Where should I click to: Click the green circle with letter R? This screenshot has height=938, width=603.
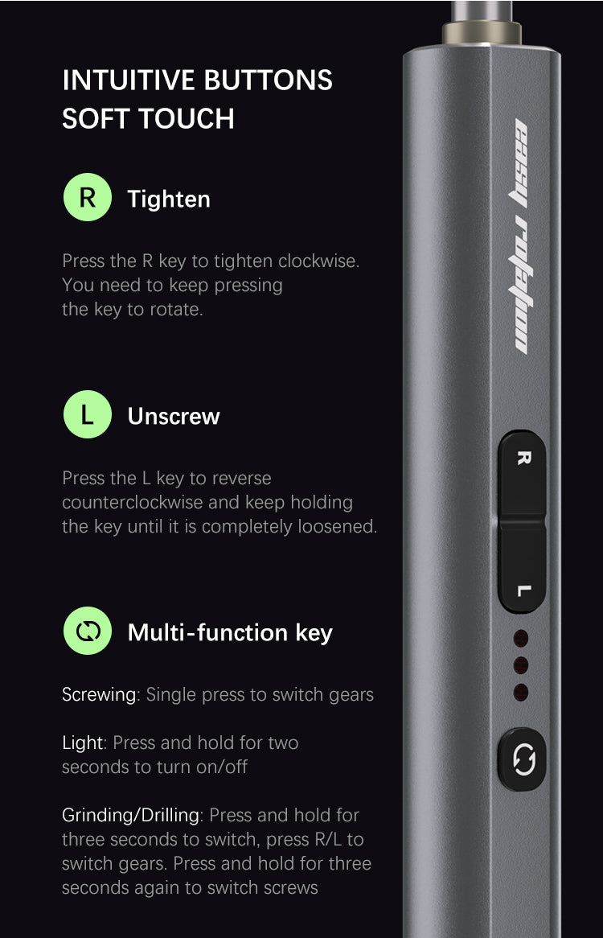(88, 197)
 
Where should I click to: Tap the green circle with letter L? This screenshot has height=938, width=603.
(88, 414)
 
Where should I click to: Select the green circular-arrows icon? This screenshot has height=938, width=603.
(88, 632)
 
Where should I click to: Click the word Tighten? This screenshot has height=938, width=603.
(169, 200)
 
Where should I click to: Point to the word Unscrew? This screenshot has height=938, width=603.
(174, 417)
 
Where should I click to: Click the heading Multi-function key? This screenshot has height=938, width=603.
(230, 633)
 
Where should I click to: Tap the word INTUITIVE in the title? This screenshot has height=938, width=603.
(129, 80)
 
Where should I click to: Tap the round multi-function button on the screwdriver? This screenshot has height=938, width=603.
(523, 759)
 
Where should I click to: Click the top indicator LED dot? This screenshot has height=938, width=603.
(521, 638)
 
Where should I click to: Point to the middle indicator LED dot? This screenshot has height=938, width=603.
(521, 665)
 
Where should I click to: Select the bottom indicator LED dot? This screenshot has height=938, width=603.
(521, 693)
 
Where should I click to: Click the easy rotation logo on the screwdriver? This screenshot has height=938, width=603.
(522, 237)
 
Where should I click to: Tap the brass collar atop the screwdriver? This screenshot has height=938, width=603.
(482, 32)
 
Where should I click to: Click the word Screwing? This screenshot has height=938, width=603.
(99, 694)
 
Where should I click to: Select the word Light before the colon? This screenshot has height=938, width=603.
(83, 743)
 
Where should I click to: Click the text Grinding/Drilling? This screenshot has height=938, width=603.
(131, 816)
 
